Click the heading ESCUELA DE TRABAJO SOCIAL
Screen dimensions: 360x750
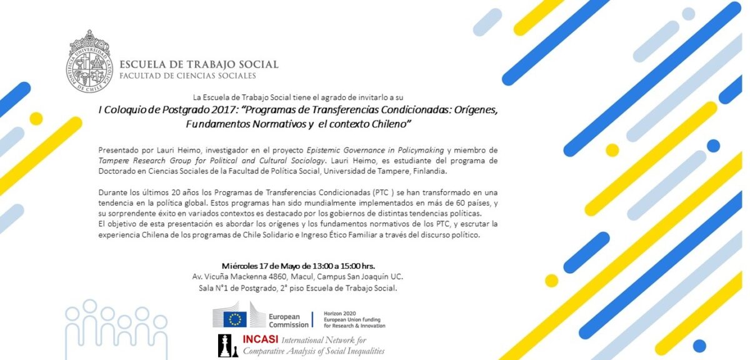(x=199, y=64)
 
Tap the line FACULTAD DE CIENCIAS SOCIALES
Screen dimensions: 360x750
(x=187, y=76)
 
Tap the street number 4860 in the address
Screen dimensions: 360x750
(x=261, y=276)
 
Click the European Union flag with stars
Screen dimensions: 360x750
(x=235, y=318)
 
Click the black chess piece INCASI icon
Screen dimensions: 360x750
(x=224, y=346)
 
